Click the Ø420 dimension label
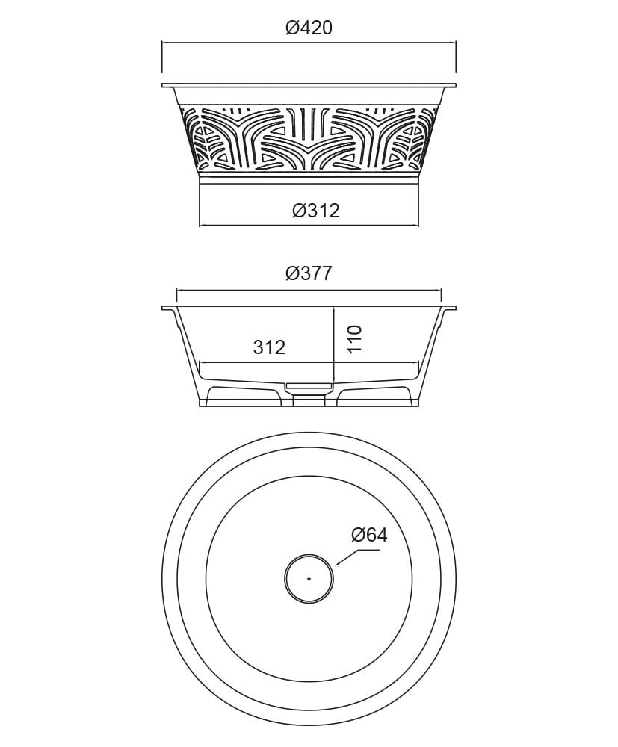click(x=309, y=28)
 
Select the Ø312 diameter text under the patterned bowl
click(x=315, y=211)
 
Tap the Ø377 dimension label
click(x=309, y=273)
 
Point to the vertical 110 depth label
click(x=354, y=338)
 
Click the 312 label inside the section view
click(x=269, y=347)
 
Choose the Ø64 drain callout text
click(x=369, y=535)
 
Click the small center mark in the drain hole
click(x=309, y=578)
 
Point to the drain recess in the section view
click(x=309, y=386)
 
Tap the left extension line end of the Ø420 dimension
click(x=162, y=45)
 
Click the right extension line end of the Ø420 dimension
click(x=456, y=45)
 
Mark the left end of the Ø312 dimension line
click(x=200, y=224)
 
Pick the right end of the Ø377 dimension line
click(x=442, y=291)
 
